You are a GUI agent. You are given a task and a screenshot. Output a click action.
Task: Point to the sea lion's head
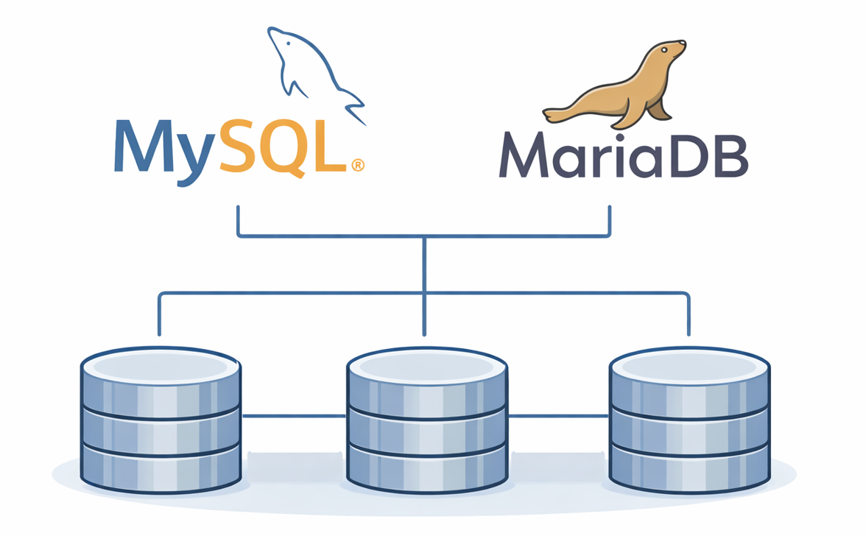click(669, 52)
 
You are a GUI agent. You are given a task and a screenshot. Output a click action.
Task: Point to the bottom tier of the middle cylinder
click(426, 464)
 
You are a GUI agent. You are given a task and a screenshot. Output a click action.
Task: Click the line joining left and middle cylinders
click(293, 416)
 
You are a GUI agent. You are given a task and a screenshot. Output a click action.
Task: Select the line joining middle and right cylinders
click(558, 416)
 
